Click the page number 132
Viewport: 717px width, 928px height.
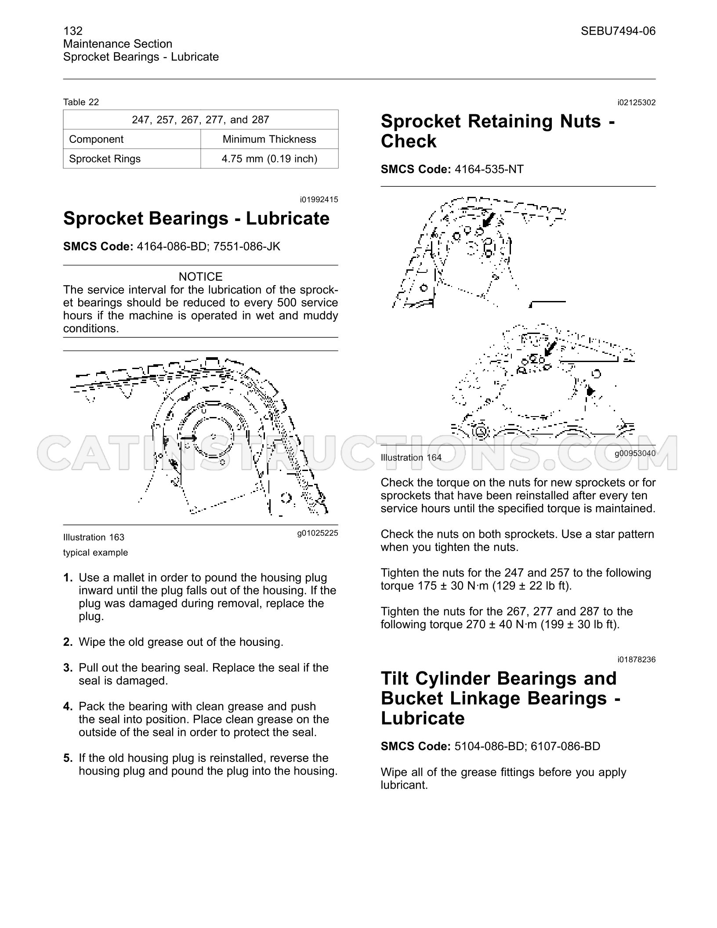(73, 31)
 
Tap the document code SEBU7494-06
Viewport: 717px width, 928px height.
(618, 31)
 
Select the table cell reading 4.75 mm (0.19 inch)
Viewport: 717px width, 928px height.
(269, 159)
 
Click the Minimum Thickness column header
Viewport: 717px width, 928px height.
(269, 139)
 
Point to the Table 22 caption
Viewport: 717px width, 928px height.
(81, 102)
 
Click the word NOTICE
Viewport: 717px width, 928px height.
(201, 277)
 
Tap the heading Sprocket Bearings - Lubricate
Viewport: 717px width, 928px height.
(196, 218)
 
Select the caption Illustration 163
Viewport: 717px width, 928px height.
(94, 537)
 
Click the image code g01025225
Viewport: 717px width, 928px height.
(318, 533)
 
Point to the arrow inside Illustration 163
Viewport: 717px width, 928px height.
(190, 438)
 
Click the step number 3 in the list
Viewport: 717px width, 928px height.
(68, 668)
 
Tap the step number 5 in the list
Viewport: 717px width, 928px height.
(68, 758)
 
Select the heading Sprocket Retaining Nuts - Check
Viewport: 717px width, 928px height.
(498, 131)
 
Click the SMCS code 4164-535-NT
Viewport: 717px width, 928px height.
(489, 170)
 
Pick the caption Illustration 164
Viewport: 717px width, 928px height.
(411, 457)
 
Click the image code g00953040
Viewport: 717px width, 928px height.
(635, 453)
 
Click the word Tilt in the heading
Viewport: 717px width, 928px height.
(395, 679)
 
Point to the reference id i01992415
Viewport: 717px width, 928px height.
(319, 200)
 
